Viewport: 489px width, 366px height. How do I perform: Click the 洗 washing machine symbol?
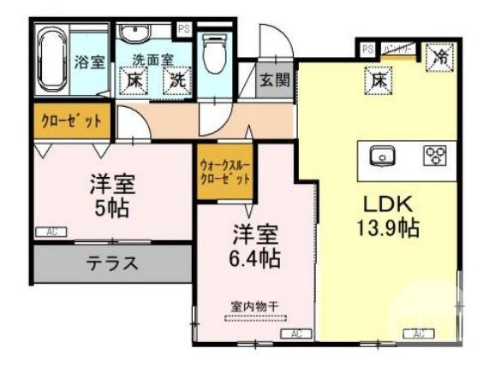pos(177,81)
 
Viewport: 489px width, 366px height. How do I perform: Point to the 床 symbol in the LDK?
pos(378,81)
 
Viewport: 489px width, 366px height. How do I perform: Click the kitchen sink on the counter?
pos(380,156)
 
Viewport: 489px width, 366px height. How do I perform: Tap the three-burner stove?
pos(435,155)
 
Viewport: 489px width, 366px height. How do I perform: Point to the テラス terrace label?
pos(111,263)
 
